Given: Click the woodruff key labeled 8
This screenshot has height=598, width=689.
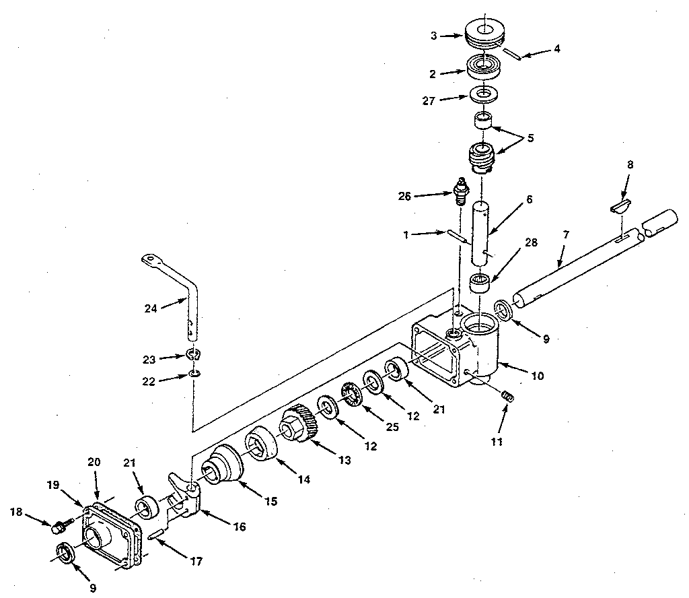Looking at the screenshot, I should click(620, 205).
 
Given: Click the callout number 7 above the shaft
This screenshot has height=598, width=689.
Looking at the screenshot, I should click(566, 234).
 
